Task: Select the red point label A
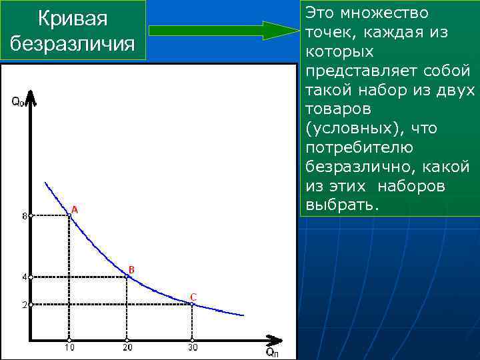(x=75, y=209)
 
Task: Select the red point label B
(x=131, y=269)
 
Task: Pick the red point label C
(x=193, y=297)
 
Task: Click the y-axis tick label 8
(x=23, y=216)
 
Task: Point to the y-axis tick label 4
(x=23, y=277)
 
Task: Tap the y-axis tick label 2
(x=23, y=305)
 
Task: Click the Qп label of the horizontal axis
(x=272, y=351)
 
